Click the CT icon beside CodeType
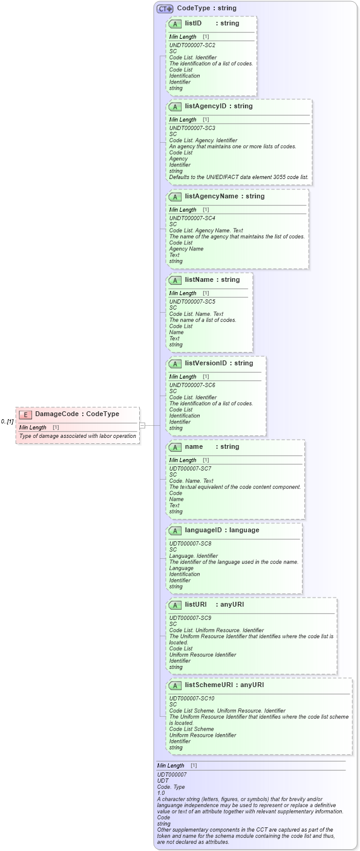[165, 8]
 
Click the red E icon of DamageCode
[25, 414]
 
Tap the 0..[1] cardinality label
[7, 422]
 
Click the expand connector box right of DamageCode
[142, 425]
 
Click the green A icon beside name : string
[175, 447]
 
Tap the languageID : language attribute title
[221, 530]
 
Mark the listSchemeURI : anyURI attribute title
[224, 685]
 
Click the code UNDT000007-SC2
[192, 45]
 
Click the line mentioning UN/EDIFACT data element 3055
[238, 177]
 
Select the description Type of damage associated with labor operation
[77, 436]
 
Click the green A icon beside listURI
[175, 605]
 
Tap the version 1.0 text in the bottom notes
[161, 792]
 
